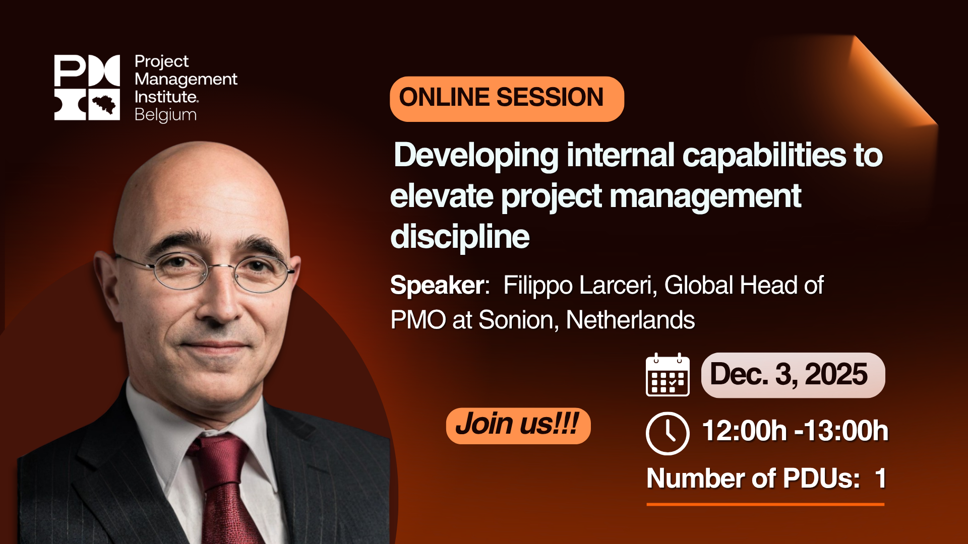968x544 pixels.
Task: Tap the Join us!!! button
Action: pyautogui.click(x=518, y=425)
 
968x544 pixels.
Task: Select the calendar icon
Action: pyautogui.click(x=668, y=375)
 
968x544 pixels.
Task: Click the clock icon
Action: pyautogui.click(x=668, y=433)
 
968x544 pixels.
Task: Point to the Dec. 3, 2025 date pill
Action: pyautogui.click(x=793, y=375)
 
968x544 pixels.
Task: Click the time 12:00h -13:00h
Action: pyautogui.click(x=795, y=431)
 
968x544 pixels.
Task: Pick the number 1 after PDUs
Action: pyautogui.click(x=880, y=478)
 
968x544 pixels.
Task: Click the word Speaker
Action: pyautogui.click(x=438, y=286)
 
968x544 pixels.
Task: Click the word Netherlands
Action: pyautogui.click(x=630, y=320)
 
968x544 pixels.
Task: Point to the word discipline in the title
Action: pyautogui.click(x=460, y=237)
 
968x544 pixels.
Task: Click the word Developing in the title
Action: pyautogui.click(x=476, y=155)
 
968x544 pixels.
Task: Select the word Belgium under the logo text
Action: pyautogui.click(x=165, y=115)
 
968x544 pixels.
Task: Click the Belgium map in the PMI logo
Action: pyautogui.click(x=104, y=105)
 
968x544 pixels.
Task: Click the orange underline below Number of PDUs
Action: pyautogui.click(x=765, y=504)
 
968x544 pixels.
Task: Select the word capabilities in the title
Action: pyautogui.click(x=764, y=155)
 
